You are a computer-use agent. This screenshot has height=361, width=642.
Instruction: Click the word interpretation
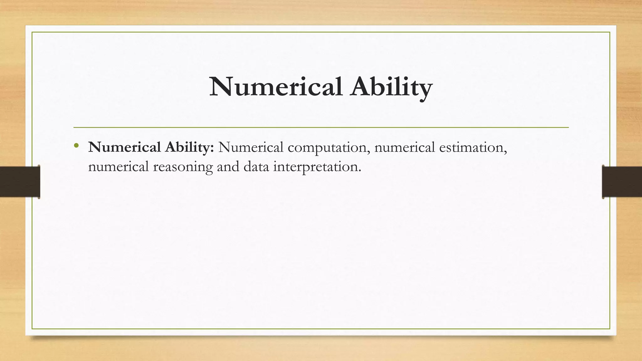pyautogui.click(x=315, y=166)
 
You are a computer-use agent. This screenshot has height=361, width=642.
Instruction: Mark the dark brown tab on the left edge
pyautogui.click(x=20, y=182)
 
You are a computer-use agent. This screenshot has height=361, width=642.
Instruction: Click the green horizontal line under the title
pyautogui.click(x=321, y=128)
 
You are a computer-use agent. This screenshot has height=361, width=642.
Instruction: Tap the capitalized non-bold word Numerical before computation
pyautogui.click(x=251, y=147)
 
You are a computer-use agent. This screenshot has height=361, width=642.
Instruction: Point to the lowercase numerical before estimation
pyautogui.click(x=404, y=147)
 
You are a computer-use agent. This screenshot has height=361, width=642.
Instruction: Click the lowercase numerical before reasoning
pyautogui.click(x=118, y=166)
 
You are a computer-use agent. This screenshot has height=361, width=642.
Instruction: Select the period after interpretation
pyautogui.click(x=360, y=171)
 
